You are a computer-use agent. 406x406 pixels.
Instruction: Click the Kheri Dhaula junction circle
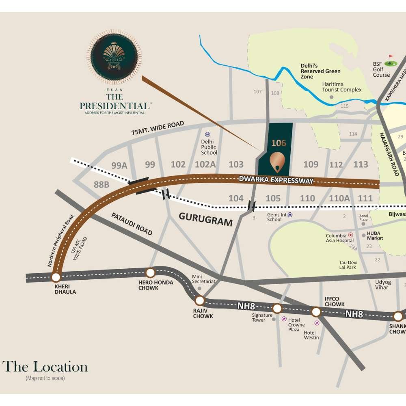(x=56, y=277)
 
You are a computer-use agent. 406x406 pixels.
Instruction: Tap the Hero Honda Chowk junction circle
(x=151, y=273)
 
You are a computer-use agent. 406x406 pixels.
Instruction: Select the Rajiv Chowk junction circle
(x=199, y=300)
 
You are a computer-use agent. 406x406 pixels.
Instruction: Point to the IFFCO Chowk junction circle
(x=316, y=312)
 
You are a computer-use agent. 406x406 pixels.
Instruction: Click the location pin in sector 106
(x=277, y=162)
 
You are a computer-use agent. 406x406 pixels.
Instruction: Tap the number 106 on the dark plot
(x=279, y=143)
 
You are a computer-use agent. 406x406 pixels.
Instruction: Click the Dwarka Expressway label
(x=276, y=180)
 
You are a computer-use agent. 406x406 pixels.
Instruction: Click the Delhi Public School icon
(x=207, y=134)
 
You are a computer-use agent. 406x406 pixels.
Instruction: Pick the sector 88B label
(x=101, y=185)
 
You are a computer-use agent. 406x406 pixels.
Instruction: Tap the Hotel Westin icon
(x=317, y=323)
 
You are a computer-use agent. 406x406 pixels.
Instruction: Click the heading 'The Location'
(x=45, y=367)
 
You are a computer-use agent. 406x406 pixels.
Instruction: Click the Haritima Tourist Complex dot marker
(x=332, y=97)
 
